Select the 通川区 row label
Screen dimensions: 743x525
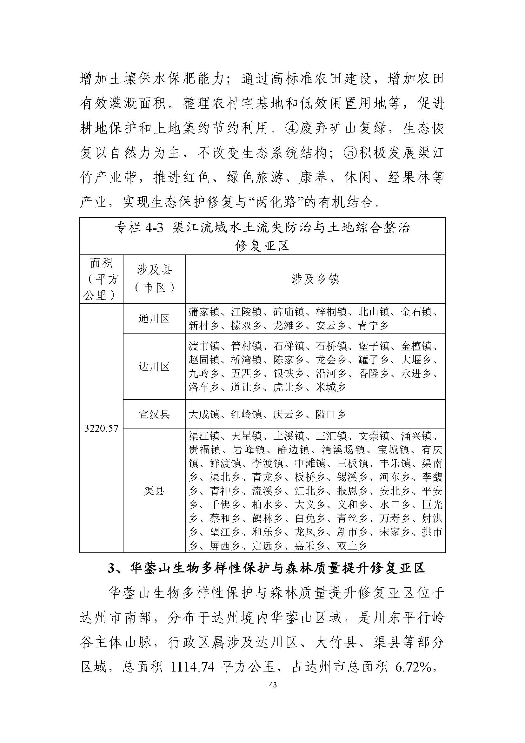154,318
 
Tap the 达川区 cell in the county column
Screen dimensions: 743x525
154,367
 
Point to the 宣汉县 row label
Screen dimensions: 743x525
154,414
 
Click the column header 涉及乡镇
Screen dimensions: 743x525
315,279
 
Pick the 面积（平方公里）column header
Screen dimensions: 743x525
101,279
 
